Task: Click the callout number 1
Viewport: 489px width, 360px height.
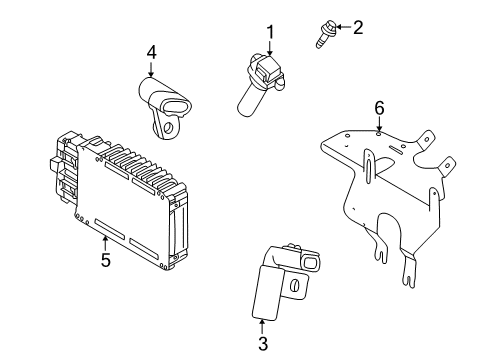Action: pos(269,35)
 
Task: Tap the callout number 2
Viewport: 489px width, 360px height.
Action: pos(357,27)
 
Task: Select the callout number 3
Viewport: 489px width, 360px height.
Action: pos(263,345)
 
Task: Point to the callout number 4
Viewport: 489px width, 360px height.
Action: pos(151,52)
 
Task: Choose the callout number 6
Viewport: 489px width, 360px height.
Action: pos(379,106)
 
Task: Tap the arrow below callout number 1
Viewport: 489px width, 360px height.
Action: pos(269,51)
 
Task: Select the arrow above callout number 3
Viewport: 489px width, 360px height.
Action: pos(263,327)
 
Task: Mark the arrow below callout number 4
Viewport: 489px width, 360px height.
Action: pos(151,69)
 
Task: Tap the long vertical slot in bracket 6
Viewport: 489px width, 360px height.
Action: pos(369,161)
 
